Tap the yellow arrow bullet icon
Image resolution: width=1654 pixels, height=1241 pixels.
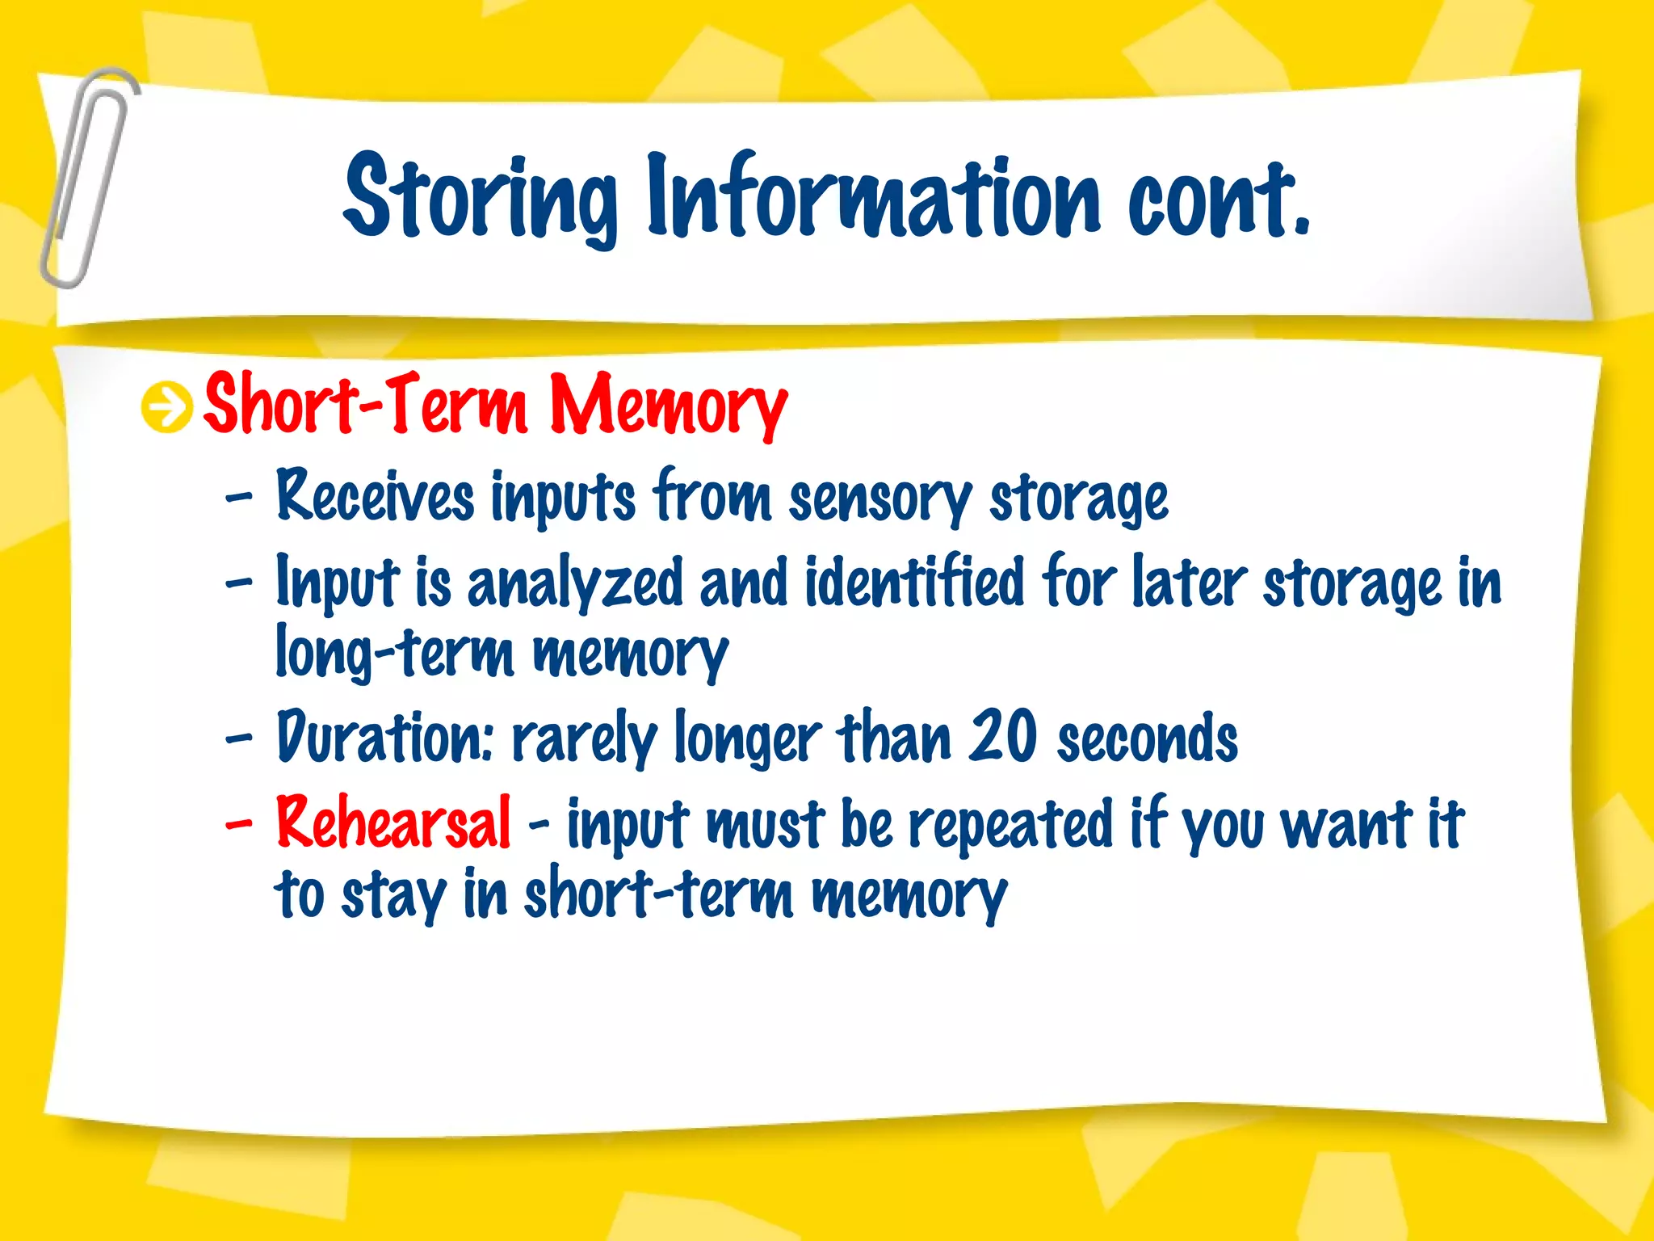point(166,407)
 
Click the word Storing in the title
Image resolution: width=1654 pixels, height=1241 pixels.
point(481,198)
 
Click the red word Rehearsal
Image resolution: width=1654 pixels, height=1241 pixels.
point(393,822)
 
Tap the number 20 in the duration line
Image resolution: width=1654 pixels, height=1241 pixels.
point(1004,736)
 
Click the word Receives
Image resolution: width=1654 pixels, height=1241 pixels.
point(376,495)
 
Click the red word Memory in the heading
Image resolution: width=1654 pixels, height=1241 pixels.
point(668,406)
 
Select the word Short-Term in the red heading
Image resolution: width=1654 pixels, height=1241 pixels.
point(365,404)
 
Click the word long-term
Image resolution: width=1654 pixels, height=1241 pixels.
point(394,653)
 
